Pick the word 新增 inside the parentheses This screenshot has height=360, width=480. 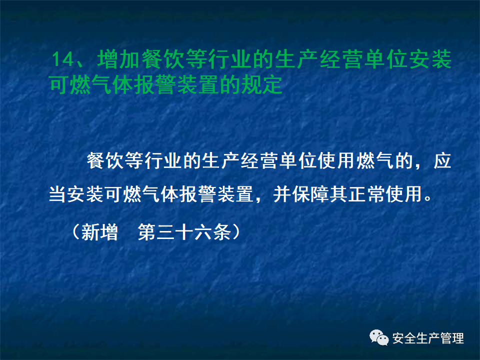coord(98,232)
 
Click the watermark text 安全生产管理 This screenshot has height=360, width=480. coord(428,338)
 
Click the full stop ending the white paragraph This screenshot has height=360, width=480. coord(426,196)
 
